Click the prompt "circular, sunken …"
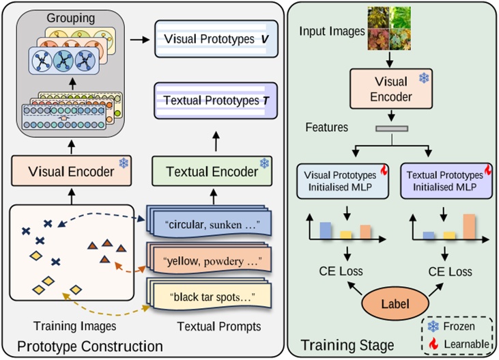(209, 223)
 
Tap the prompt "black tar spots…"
(209, 296)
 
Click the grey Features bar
(391, 128)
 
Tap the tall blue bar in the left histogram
(325, 231)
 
